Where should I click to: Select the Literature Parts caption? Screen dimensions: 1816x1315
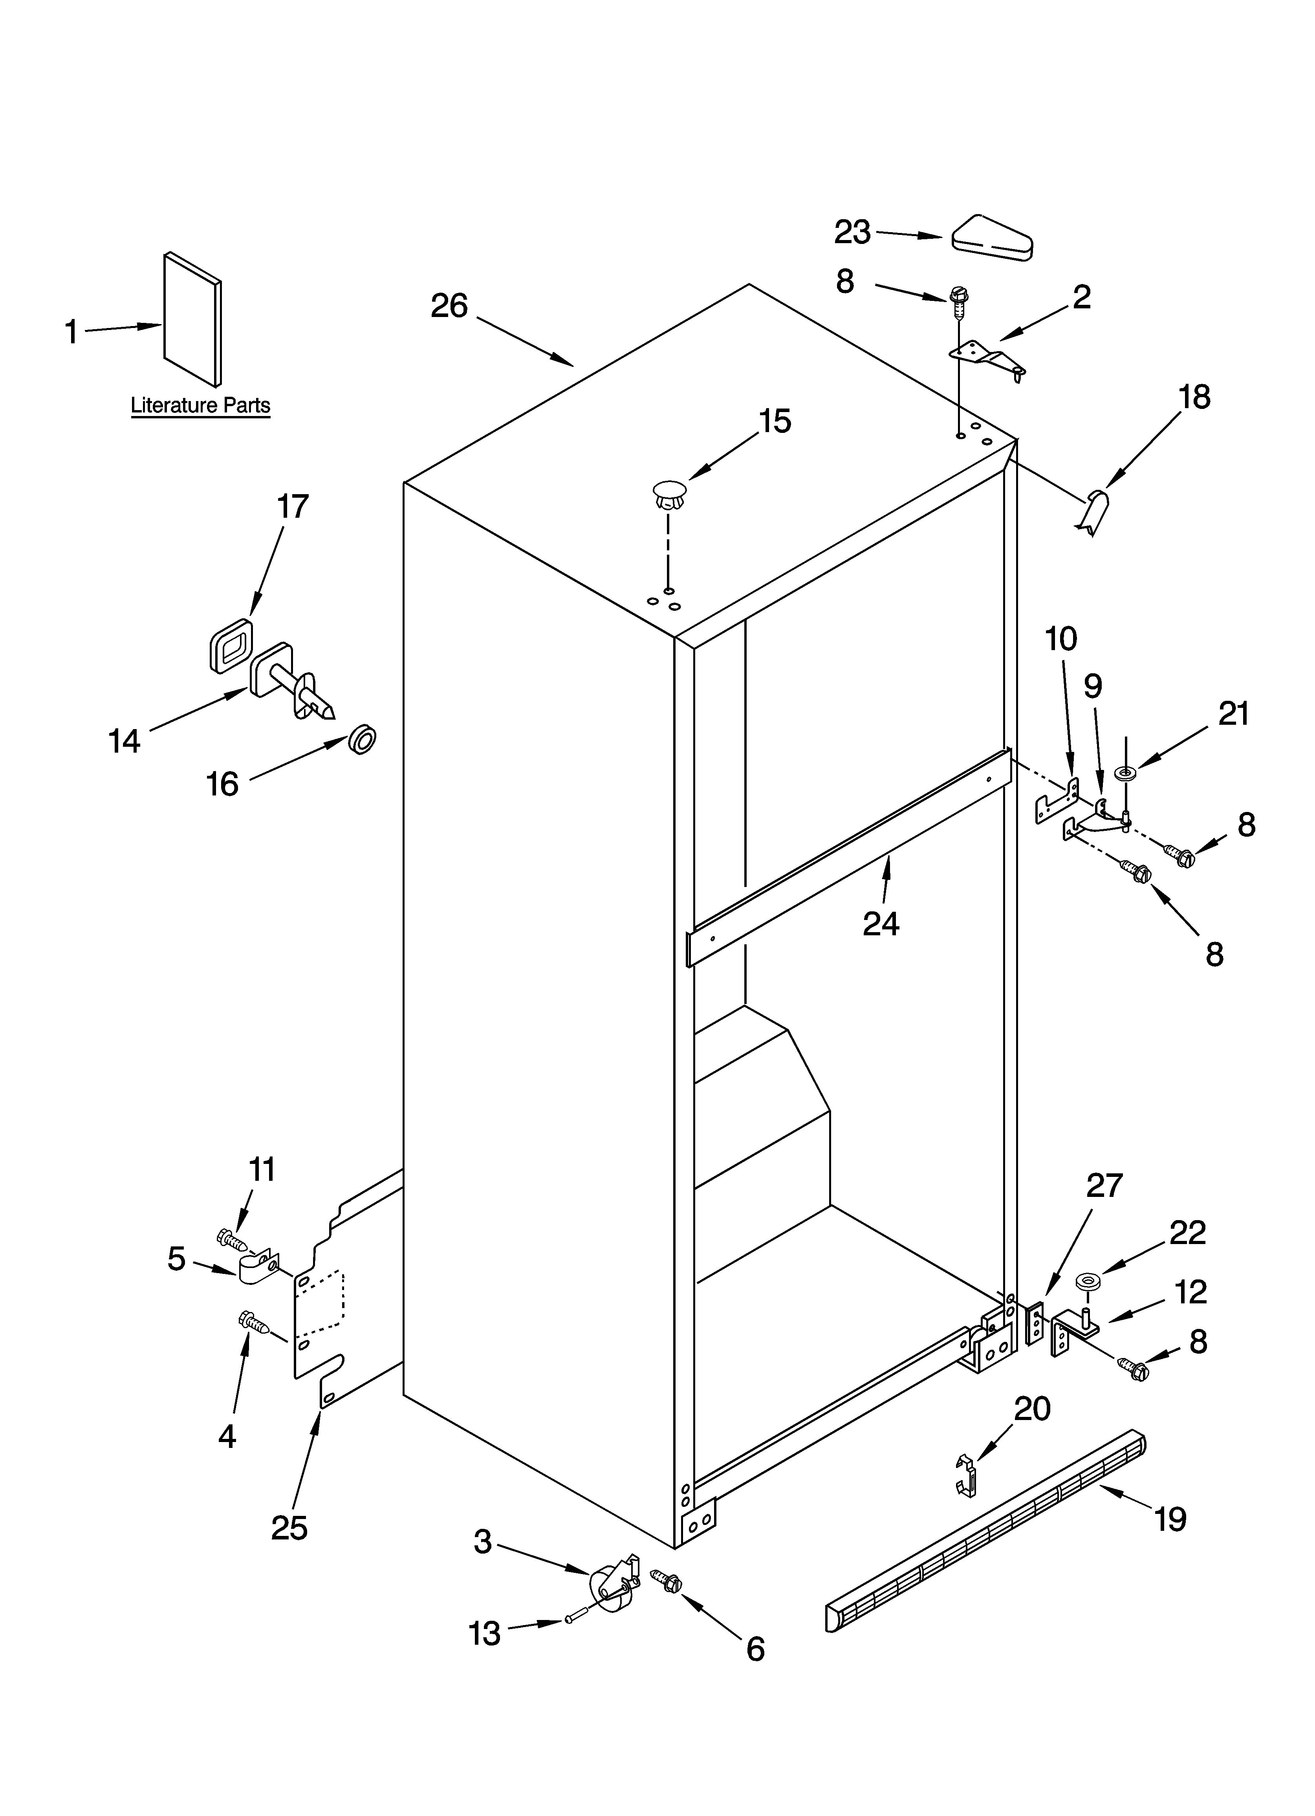[200, 405]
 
